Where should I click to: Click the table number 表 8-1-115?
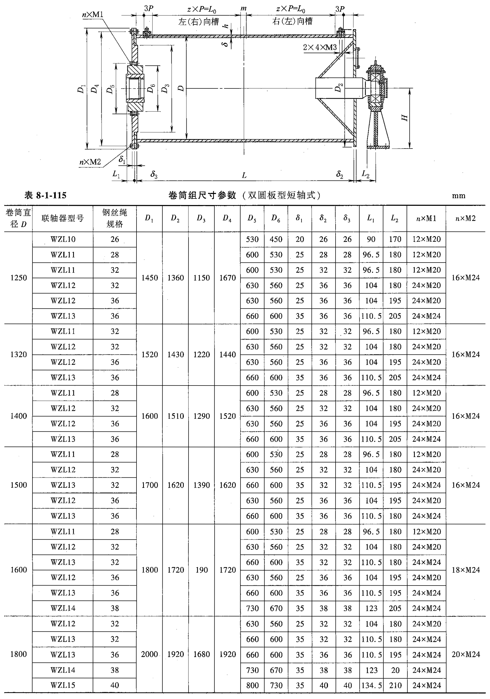click(45, 195)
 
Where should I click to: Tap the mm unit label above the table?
click(458, 196)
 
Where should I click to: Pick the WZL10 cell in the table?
click(63, 239)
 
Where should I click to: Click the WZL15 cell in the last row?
click(63, 685)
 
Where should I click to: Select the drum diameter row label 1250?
click(18, 278)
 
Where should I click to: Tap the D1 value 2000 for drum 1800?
click(149, 654)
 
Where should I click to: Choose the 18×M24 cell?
click(465, 570)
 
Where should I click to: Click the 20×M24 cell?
click(465, 654)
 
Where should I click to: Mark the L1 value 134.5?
click(371, 685)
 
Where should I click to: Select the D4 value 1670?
click(228, 278)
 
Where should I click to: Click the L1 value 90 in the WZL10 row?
click(371, 239)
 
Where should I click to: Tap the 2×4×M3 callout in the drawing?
click(320, 47)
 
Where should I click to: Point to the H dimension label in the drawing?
click(405, 117)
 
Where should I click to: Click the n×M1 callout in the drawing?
click(93, 14)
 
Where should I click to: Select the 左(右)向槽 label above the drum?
click(198, 22)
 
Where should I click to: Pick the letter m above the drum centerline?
click(243, 8)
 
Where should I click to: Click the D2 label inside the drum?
click(338, 88)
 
